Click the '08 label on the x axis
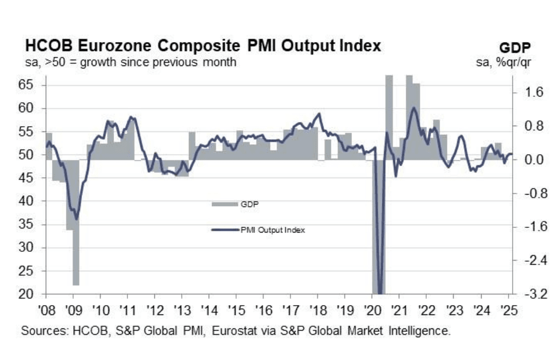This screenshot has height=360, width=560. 46,309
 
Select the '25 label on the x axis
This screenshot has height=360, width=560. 508,309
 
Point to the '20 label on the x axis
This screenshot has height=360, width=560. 372,309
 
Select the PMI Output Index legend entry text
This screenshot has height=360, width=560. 272,230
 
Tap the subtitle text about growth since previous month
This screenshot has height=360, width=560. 129,62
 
